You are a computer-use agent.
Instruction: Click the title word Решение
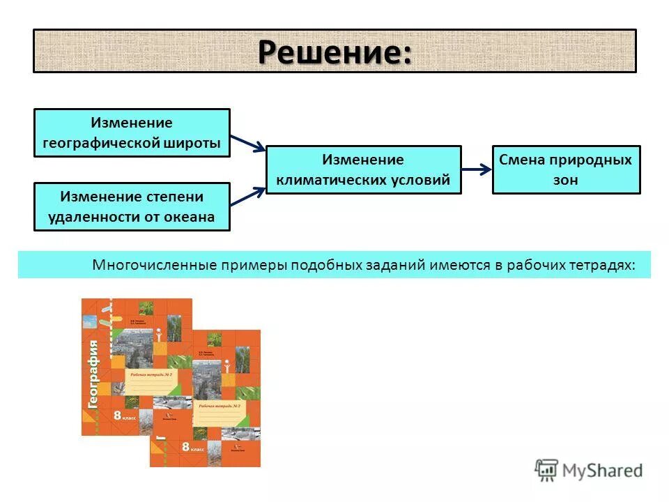pos(334,52)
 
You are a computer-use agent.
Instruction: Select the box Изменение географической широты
pos(132,132)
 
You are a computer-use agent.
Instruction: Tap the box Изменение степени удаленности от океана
pos(132,206)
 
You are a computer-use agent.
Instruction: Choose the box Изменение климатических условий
pos(363,169)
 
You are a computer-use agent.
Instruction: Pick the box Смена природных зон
pos(566,169)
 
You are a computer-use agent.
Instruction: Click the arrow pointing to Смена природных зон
pos(477,169)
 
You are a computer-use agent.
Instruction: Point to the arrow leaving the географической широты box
pos(247,142)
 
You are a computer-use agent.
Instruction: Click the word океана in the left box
pos(189,217)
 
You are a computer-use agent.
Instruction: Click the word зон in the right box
pos(566,180)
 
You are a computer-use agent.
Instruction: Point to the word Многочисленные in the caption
pos(155,266)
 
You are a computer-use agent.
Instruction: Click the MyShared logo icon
pos(547,471)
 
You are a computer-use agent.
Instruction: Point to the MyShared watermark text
pos(603,471)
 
